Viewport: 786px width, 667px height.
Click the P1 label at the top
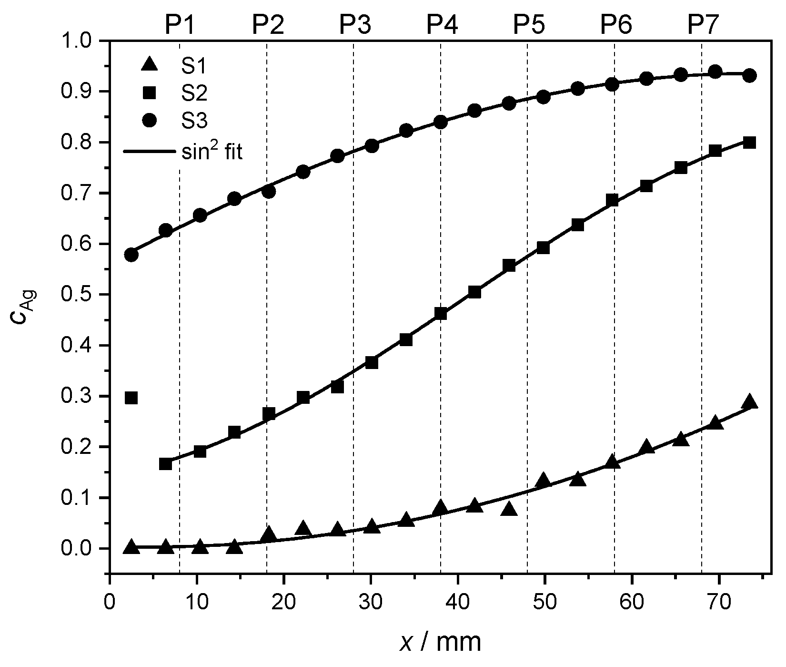coord(180,25)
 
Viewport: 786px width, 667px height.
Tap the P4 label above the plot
coord(442,25)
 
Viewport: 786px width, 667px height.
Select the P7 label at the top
coord(703,25)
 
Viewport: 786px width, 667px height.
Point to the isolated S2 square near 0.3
coord(131,398)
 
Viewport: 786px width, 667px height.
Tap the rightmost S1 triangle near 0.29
coord(749,401)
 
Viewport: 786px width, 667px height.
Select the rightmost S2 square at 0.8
coord(749,143)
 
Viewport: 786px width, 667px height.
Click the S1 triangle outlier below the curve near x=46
coord(509,509)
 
